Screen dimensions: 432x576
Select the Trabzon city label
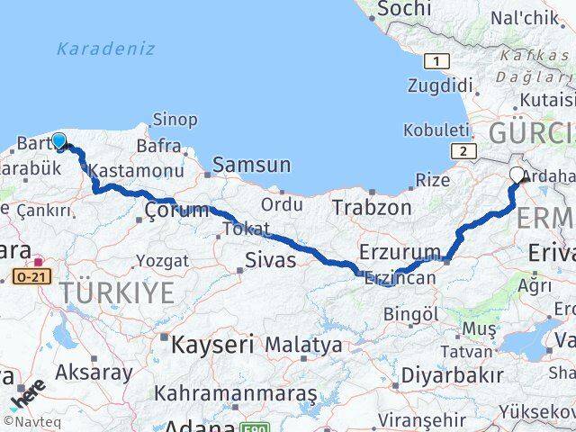[x=371, y=208]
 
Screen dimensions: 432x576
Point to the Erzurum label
[x=400, y=251]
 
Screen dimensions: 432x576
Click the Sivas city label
[x=271, y=261]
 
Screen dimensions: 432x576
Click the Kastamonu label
[x=124, y=169]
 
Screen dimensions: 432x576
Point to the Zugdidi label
[x=440, y=86]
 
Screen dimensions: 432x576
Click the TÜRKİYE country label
[x=117, y=292]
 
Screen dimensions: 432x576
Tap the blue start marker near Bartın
[x=59, y=141]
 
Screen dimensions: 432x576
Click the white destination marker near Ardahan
[x=517, y=175]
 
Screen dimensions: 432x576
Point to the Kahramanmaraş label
[x=235, y=393]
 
